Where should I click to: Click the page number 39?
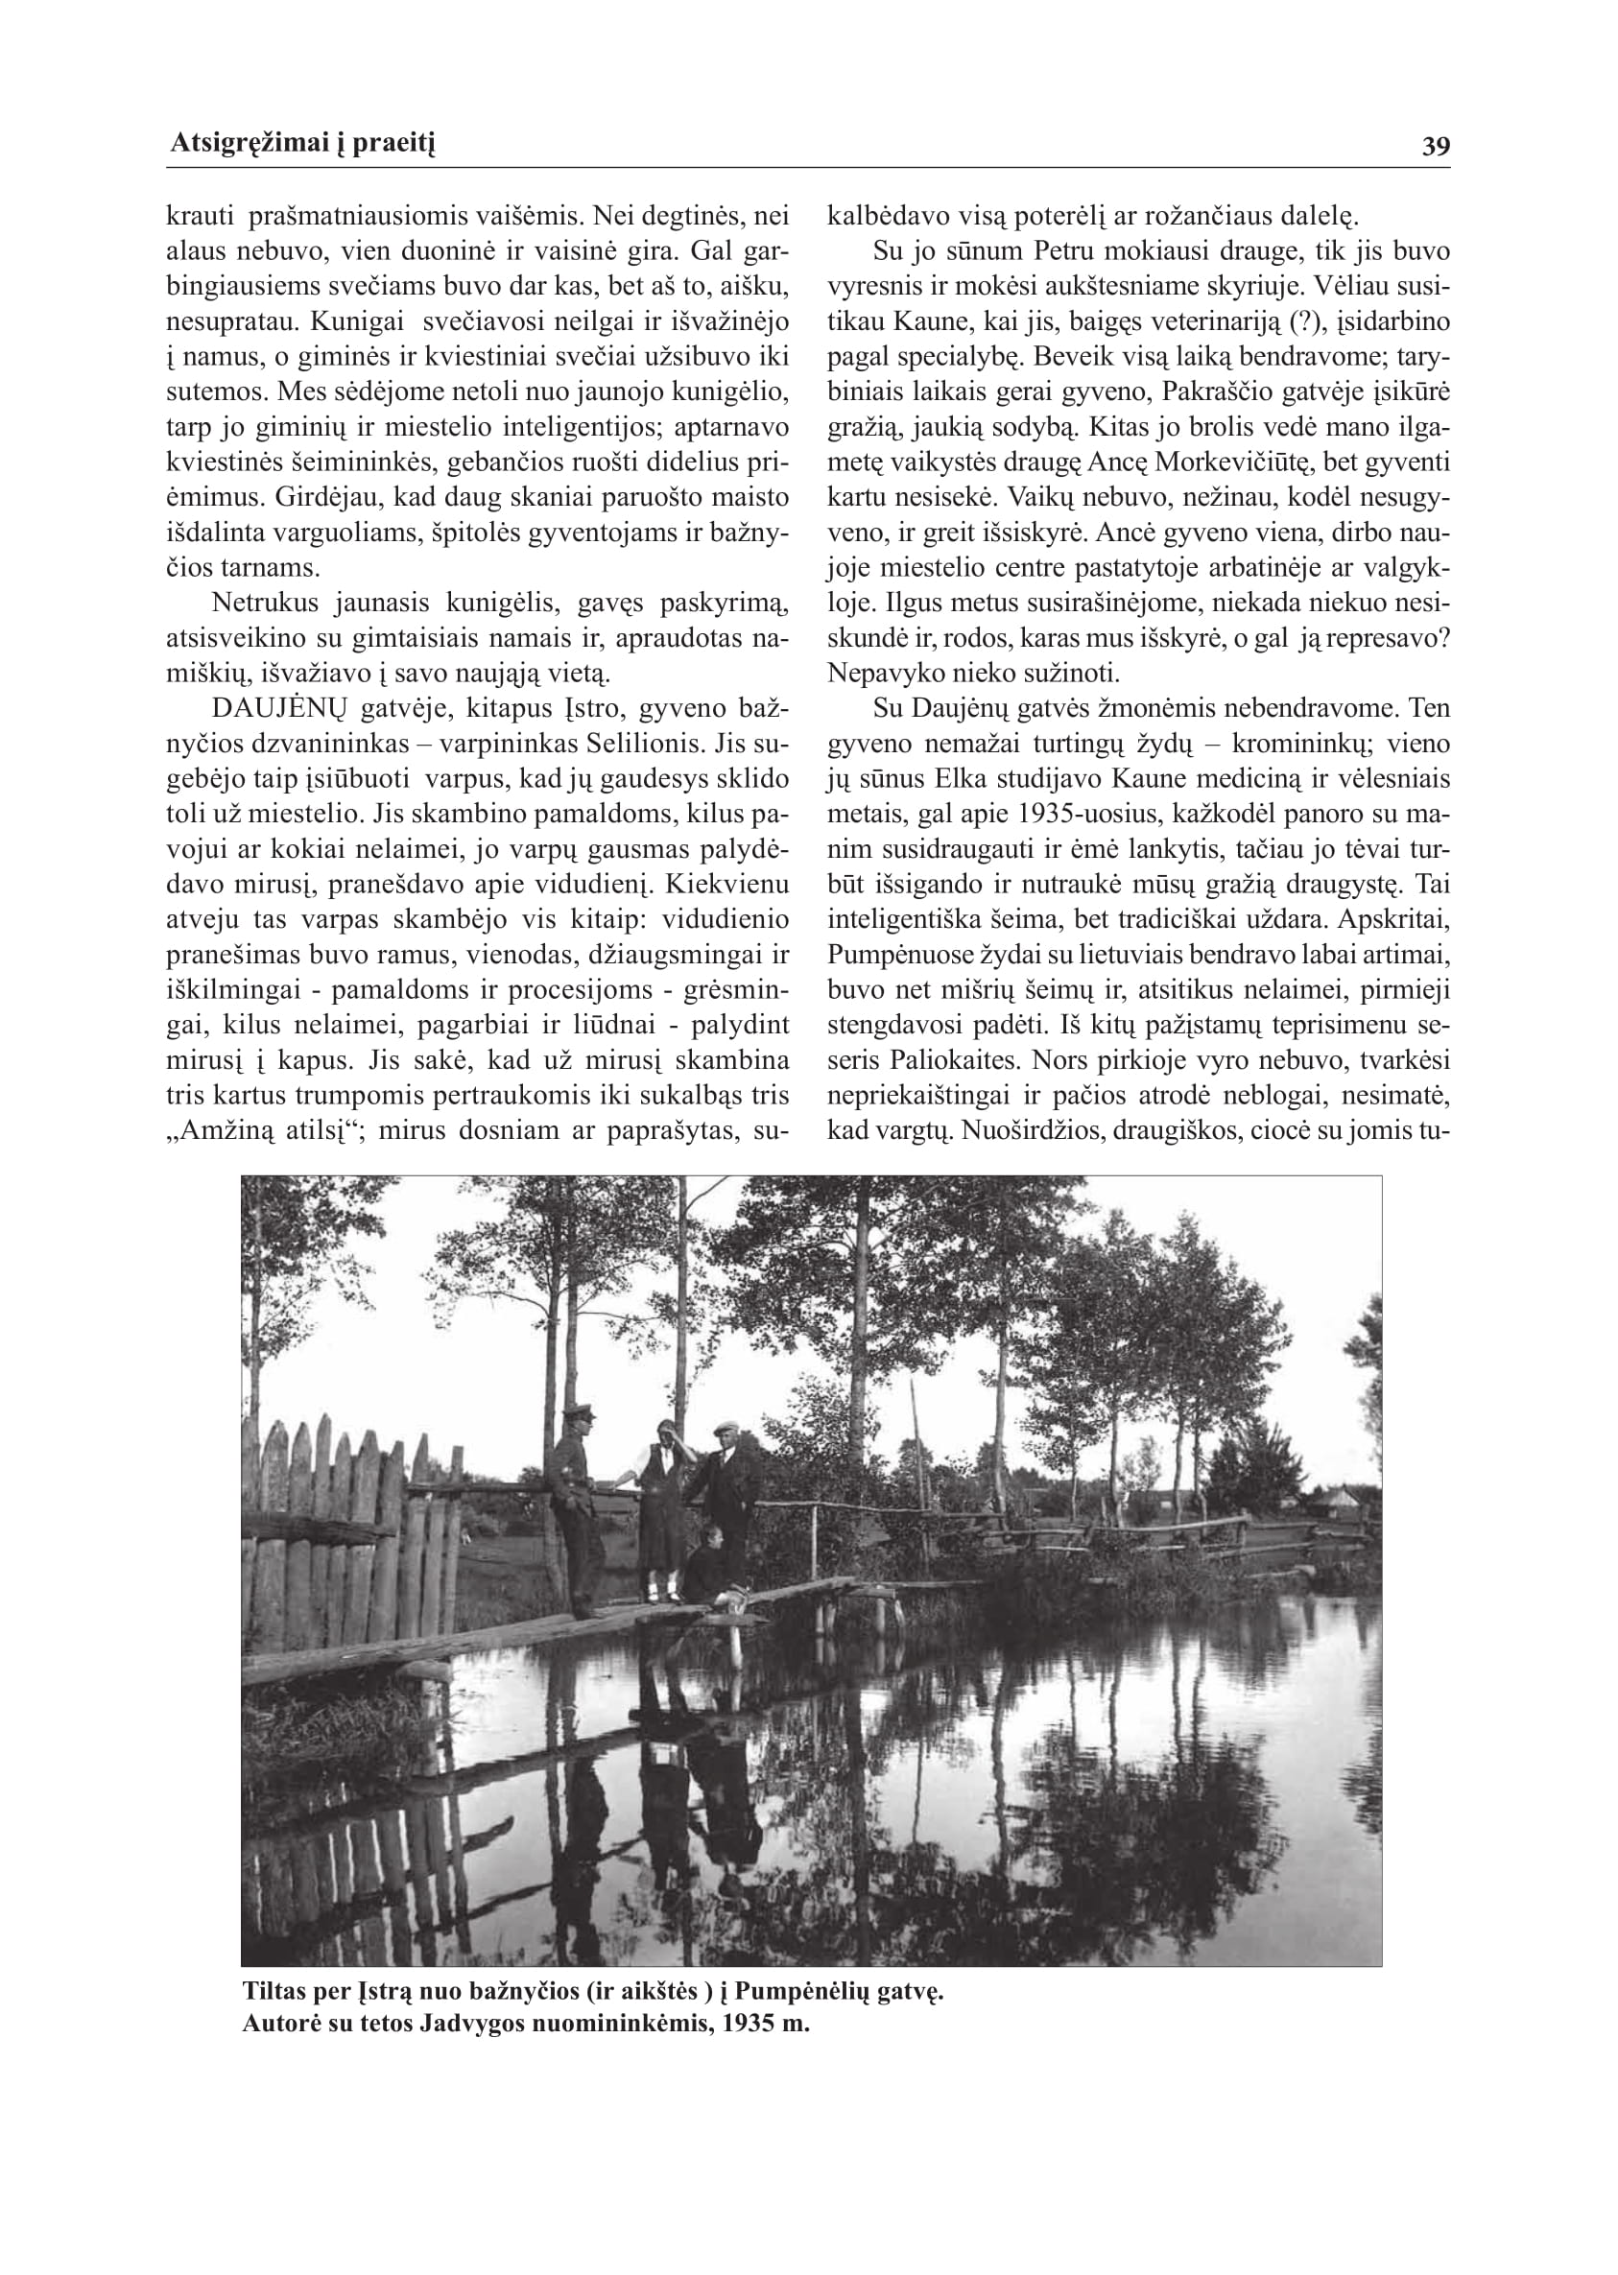tap(1436, 148)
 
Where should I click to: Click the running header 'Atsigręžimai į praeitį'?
tap(303, 146)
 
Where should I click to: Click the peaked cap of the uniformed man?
tap(579, 1411)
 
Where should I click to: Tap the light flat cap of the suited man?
tap(726, 1427)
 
